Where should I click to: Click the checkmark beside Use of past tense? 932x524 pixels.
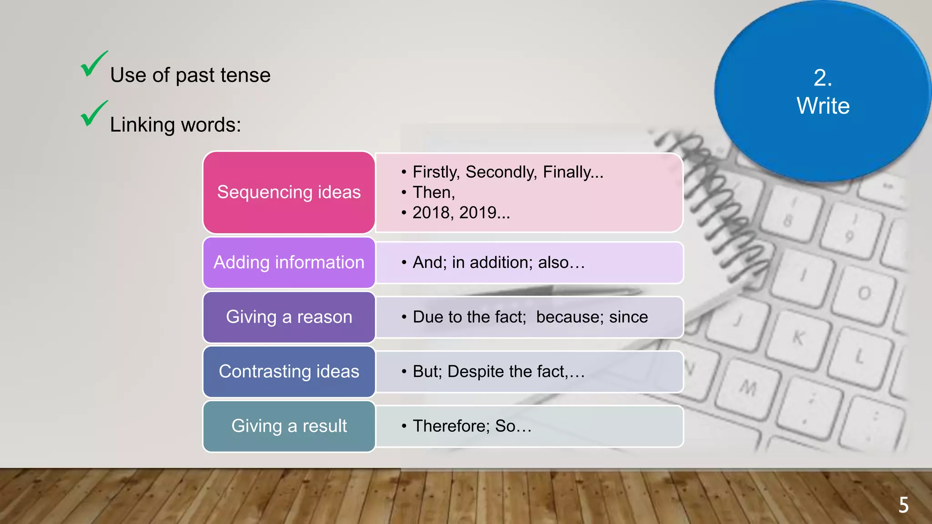[x=93, y=65]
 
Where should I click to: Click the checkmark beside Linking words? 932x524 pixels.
[x=93, y=114]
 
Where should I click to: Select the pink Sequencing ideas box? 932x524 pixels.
[x=289, y=192]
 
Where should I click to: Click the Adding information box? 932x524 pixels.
[x=289, y=262]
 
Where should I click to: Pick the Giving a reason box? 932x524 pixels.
[x=289, y=317]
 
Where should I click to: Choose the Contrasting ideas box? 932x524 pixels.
[x=289, y=372]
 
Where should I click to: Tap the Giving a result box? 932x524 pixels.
[x=289, y=426]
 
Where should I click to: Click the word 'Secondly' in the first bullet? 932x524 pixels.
[x=501, y=172]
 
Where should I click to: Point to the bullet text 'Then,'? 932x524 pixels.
[x=434, y=192]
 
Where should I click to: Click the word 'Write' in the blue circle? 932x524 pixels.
[x=823, y=106]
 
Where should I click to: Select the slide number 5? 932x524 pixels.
[x=903, y=505]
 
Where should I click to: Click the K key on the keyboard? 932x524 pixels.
[x=799, y=338]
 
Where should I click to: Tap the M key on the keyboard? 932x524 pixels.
[x=747, y=388]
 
